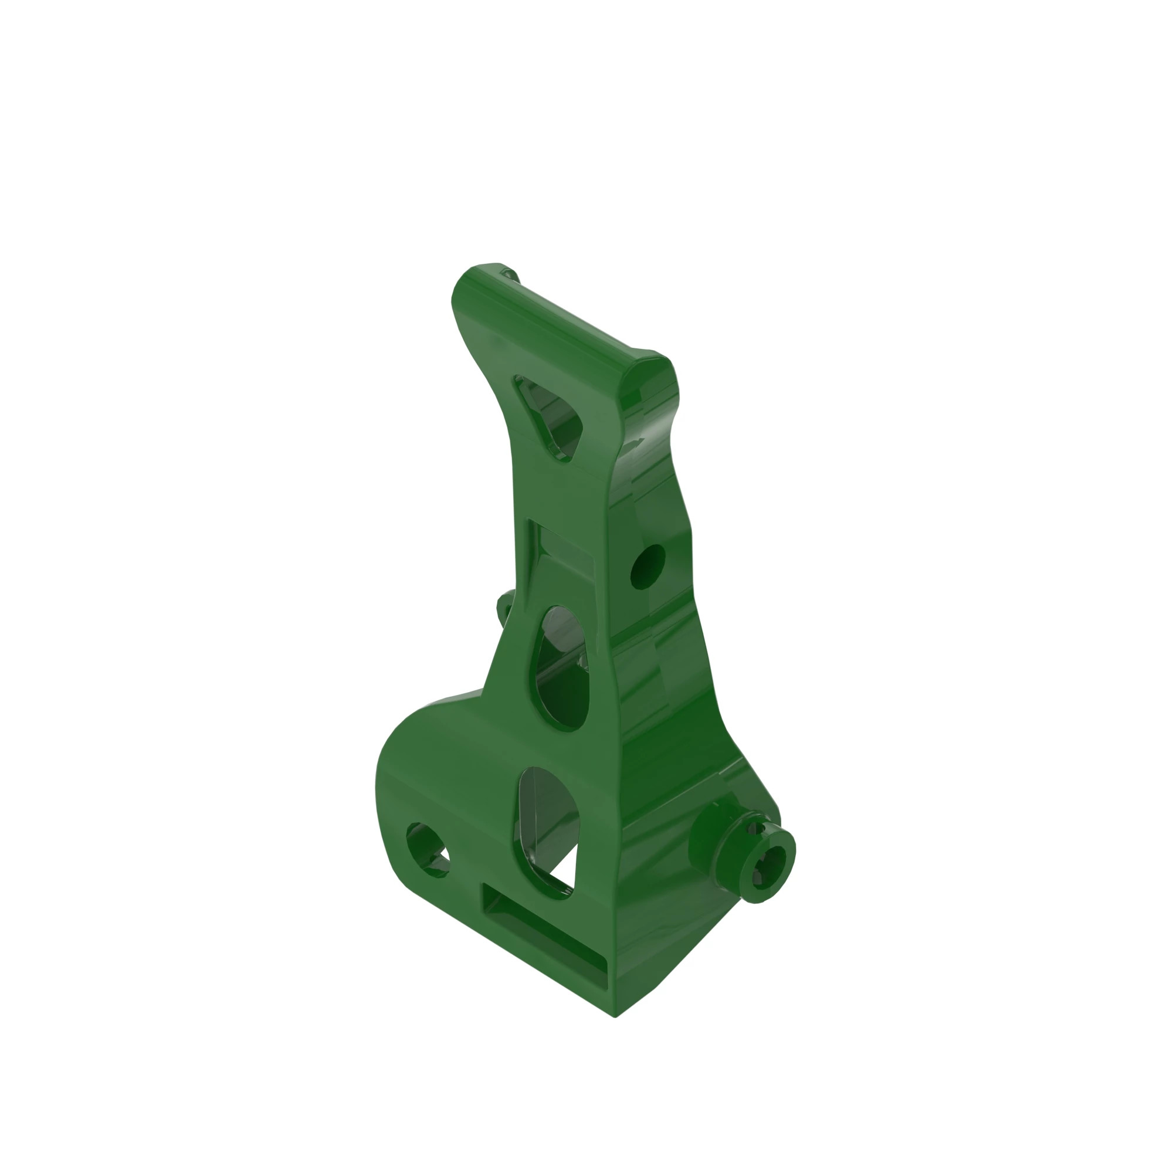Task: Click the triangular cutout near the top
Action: pyautogui.click(x=550, y=415)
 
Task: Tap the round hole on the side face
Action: pyautogui.click(x=648, y=566)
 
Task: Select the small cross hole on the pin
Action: pyautogui.click(x=755, y=829)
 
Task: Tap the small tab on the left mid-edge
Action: pyautogui.click(x=504, y=607)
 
